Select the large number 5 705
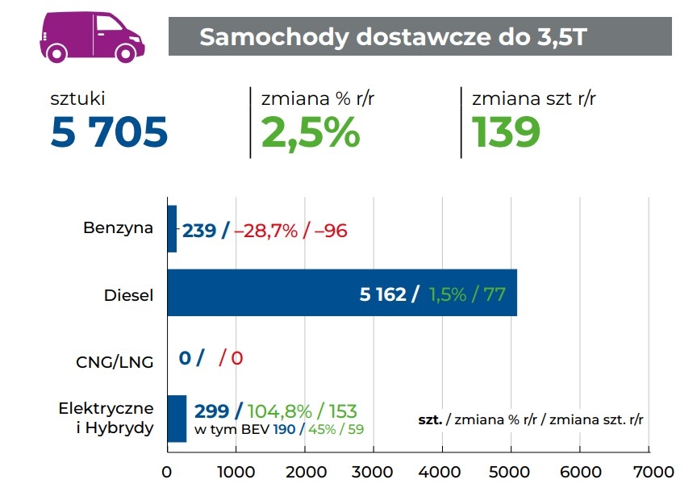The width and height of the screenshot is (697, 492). tap(109, 132)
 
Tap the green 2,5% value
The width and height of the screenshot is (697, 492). tap(310, 132)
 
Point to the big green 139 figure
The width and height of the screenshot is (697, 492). tap(506, 132)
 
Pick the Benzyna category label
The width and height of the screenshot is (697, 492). tap(118, 228)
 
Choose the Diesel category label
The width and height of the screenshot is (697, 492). tap(128, 294)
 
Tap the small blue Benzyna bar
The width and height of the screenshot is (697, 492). tap(171, 229)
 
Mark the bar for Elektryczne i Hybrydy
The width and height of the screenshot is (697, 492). tap(176, 419)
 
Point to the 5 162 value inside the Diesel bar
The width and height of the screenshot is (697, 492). tap(382, 294)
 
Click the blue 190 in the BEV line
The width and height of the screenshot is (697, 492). tap(284, 428)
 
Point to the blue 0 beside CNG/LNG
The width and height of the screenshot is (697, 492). tap(185, 357)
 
